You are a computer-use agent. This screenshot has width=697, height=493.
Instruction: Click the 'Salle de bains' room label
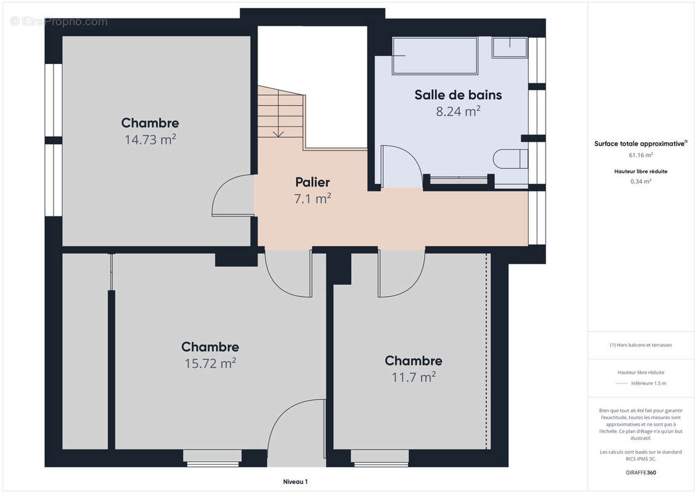tap(458, 95)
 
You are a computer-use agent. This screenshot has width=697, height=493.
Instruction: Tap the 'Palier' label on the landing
tap(312, 182)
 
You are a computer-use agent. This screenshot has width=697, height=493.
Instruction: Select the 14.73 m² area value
tap(150, 139)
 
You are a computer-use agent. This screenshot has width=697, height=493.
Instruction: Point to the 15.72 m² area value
tap(210, 363)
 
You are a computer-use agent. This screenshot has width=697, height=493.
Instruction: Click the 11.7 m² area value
tap(414, 377)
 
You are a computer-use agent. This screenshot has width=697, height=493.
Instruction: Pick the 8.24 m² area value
tap(458, 111)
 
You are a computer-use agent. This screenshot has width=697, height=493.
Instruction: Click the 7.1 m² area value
tap(312, 198)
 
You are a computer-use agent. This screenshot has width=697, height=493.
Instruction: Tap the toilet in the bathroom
tap(510, 159)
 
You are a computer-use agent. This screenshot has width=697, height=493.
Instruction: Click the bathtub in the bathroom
tap(434, 55)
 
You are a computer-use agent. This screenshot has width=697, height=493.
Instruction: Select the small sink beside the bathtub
tap(510, 47)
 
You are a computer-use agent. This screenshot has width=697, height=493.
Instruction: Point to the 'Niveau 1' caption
tap(295, 481)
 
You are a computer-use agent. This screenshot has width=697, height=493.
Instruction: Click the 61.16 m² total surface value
tap(640, 155)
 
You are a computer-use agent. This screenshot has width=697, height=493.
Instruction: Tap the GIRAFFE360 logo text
tap(640, 473)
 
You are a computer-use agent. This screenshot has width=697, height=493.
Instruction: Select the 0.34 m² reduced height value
tap(640, 181)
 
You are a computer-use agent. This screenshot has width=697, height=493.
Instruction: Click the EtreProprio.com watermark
tap(59, 22)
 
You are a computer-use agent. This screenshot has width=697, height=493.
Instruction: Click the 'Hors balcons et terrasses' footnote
tap(640, 345)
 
